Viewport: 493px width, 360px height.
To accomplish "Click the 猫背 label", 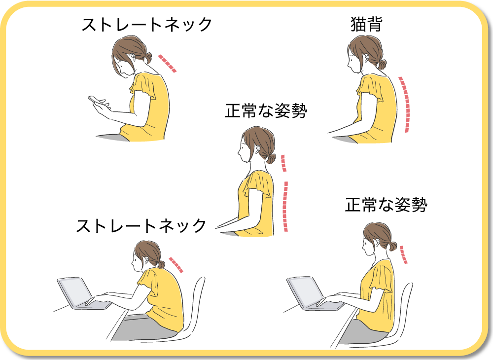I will (366, 24).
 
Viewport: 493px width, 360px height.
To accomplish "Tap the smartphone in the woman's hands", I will (95, 101).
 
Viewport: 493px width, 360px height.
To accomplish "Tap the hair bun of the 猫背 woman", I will (381, 64).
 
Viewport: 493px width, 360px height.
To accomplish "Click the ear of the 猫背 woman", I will (367, 58).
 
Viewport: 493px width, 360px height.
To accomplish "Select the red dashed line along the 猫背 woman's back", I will (405, 105).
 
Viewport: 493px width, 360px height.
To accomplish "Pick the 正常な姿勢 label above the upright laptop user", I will (386, 204).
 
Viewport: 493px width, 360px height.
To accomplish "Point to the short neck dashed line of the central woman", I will (283, 163).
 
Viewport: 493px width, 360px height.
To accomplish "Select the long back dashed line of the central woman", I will (285, 206).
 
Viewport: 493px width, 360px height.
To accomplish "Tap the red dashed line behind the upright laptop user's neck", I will (404, 254).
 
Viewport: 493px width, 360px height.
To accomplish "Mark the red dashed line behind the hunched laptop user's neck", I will (176, 265).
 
